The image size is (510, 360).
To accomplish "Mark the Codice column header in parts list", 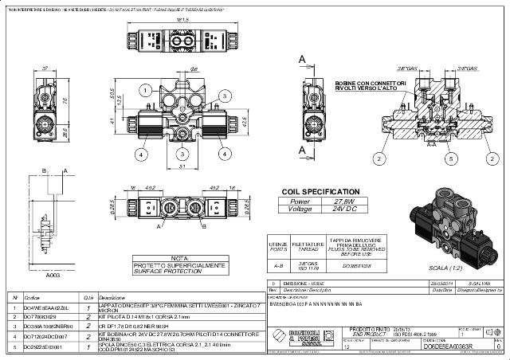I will pyautogui.click(x=33, y=297).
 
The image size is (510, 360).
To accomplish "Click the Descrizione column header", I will pyautogui.click(x=112, y=297).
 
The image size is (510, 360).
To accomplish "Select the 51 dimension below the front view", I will pyautogui.click(x=182, y=166).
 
